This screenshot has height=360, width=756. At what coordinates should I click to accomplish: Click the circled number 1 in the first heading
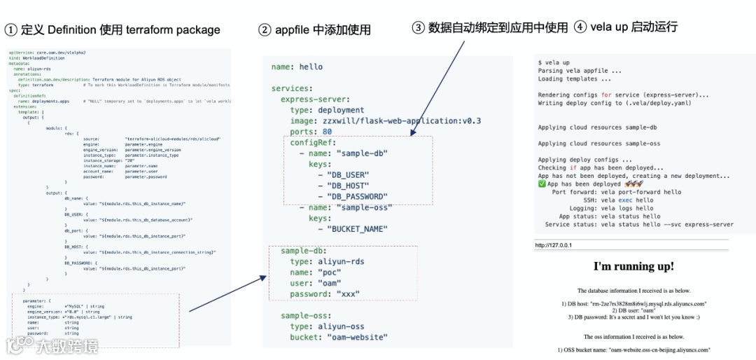point(10,29)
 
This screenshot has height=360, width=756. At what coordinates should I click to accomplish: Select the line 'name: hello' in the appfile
point(297,67)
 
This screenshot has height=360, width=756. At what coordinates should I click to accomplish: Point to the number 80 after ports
point(328,132)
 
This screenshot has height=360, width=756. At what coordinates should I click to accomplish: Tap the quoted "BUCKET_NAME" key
point(358,229)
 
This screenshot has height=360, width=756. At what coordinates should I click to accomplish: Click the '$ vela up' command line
point(554,62)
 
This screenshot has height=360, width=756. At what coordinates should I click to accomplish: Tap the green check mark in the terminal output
point(542,184)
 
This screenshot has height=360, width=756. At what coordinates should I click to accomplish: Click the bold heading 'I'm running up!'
point(633,266)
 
